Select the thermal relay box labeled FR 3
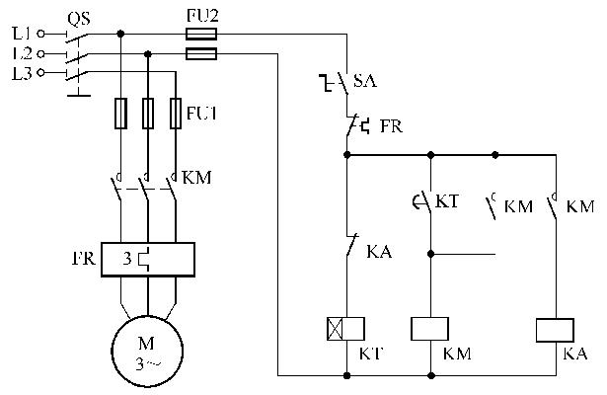click(146, 260)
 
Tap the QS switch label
click(80, 17)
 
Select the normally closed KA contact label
click(378, 253)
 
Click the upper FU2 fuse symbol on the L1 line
click(201, 33)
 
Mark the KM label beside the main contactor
click(197, 178)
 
